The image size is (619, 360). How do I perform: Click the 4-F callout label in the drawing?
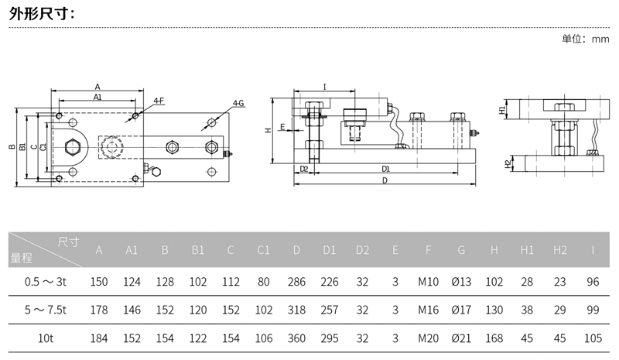[159, 101]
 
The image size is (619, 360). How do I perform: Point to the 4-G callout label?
[238, 103]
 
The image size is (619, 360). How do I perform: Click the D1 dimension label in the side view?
[385, 168]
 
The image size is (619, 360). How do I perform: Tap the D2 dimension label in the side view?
[304, 168]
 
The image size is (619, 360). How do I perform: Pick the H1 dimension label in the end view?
[502, 110]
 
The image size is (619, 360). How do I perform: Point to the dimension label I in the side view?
[324, 87]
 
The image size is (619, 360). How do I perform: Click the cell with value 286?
[297, 282]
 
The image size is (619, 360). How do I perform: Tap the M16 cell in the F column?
[428, 310]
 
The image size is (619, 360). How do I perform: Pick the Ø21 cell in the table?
[461, 338]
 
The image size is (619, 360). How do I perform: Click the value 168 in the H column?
[494, 338]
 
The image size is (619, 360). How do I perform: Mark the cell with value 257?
[330, 310]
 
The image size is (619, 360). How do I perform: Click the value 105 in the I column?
[593, 338]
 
